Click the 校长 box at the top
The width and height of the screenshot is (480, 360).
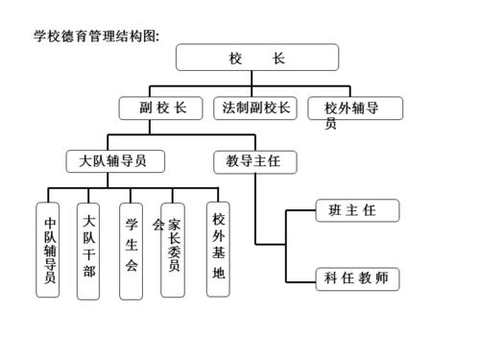257,58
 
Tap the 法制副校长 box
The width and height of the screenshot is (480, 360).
255,108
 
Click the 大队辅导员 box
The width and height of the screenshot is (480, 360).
116,160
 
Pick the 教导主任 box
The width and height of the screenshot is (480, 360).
255,160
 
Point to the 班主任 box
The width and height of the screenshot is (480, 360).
357,210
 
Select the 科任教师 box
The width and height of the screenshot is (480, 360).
357,279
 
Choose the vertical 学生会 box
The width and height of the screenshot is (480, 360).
131,244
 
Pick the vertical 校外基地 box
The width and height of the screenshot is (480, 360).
219,246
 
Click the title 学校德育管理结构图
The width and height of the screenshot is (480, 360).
96,36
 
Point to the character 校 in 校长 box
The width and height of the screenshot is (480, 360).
236,58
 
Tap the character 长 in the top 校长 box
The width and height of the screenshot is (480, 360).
278,58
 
